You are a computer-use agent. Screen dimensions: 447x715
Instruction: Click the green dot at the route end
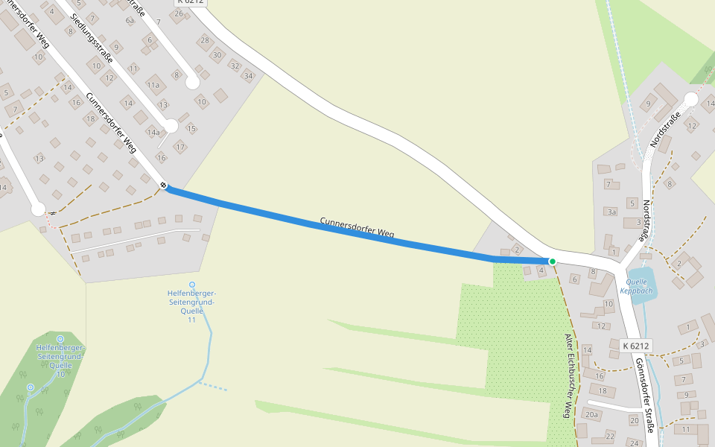(552, 261)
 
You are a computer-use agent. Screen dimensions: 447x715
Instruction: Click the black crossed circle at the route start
(163, 185)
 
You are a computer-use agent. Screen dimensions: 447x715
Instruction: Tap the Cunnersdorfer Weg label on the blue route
(357, 228)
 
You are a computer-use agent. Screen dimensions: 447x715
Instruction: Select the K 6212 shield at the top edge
(190, 2)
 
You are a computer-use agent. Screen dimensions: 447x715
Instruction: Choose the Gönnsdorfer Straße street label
(644, 395)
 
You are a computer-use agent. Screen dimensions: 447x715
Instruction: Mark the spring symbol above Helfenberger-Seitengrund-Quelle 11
(191, 285)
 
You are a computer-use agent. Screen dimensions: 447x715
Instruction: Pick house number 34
(249, 76)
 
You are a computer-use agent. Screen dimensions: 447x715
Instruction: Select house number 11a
(153, 85)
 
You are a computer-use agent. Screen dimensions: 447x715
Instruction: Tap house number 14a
(153, 133)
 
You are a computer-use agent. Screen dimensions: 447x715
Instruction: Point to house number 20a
(592, 414)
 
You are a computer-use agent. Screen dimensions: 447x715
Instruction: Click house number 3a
(612, 212)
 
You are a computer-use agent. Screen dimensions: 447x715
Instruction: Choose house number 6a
(130, 21)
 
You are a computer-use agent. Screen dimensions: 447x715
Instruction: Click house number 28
(205, 39)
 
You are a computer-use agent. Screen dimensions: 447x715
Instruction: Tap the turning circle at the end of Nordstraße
(690, 99)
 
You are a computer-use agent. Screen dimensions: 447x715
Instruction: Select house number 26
(178, 13)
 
